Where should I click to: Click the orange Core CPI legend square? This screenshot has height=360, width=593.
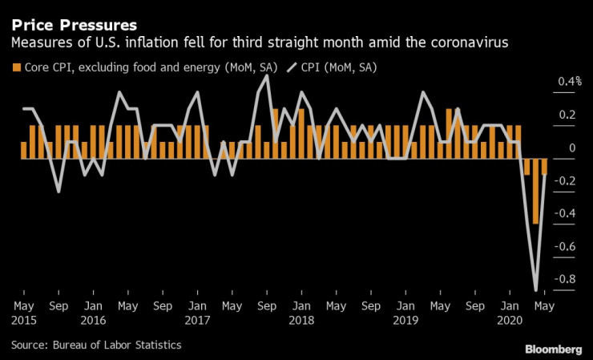pyautogui.click(x=16, y=68)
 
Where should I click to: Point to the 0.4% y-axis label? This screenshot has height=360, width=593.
pyautogui.click(x=570, y=81)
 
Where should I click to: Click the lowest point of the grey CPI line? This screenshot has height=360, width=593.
pyautogui.click(x=535, y=289)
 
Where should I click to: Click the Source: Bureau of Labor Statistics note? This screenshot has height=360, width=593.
pyautogui.click(x=96, y=345)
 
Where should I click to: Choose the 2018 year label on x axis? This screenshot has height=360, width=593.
pyautogui.click(x=301, y=318)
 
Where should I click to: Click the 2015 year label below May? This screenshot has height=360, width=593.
pyautogui.click(x=23, y=318)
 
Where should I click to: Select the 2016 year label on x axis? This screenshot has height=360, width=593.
pyautogui.click(x=93, y=318)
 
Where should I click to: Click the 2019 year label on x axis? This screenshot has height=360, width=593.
pyautogui.click(x=406, y=318)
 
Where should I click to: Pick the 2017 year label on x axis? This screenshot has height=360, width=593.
pyautogui.click(x=197, y=318)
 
